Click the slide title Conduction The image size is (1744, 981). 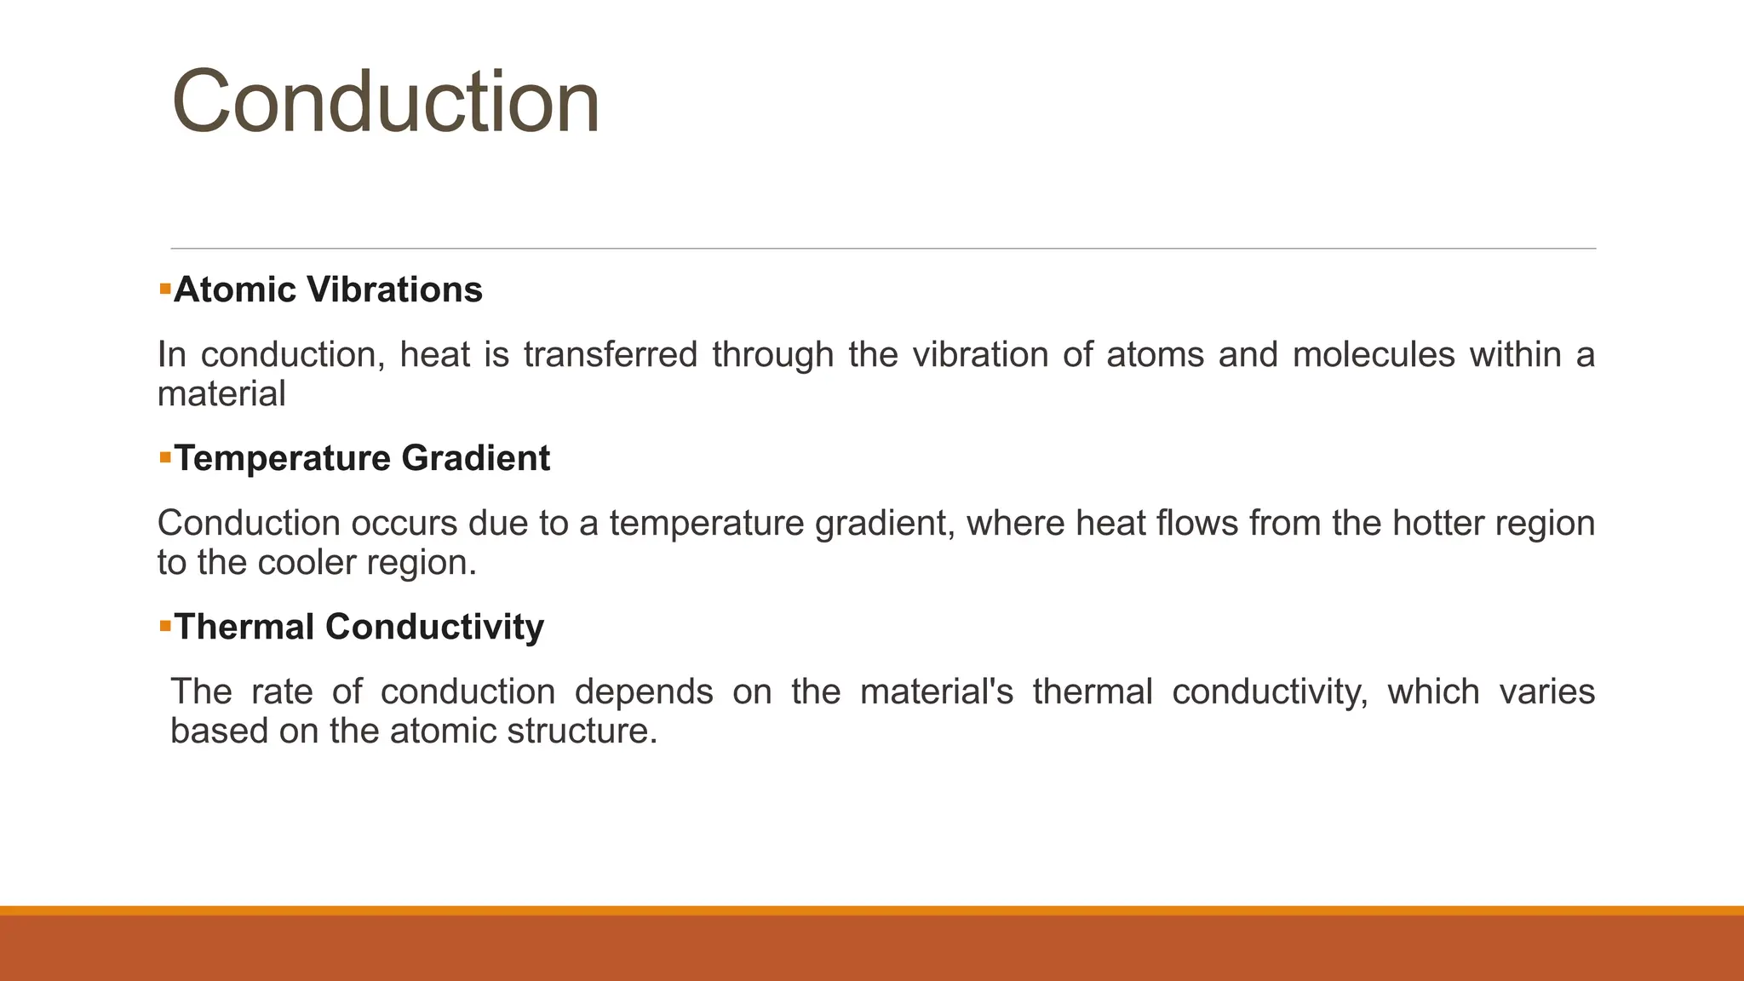386,102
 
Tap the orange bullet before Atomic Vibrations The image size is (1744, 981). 165,290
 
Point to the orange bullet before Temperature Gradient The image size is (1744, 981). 165,458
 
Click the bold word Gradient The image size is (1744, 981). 475,458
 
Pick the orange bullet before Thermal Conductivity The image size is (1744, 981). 165,627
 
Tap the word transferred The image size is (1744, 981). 611,354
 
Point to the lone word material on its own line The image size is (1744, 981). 221,394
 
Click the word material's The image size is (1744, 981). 937,691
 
